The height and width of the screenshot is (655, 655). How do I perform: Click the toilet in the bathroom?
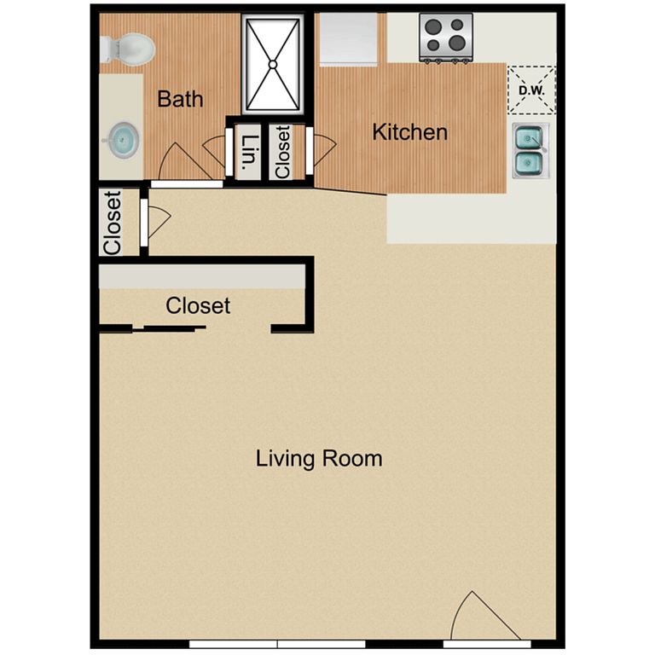click(128, 49)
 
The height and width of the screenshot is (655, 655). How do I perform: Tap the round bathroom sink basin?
click(122, 140)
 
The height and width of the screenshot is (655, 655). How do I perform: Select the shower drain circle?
click(273, 64)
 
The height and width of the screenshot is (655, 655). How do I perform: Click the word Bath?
click(181, 99)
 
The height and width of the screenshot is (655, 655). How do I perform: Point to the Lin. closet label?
click(249, 151)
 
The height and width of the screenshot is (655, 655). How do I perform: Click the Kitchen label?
click(409, 132)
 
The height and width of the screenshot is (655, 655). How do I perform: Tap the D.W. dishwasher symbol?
click(532, 90)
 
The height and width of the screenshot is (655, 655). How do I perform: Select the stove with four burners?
click(446, 38)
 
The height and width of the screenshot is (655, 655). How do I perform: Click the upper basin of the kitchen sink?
click(529, 138)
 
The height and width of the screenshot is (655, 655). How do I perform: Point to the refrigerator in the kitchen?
click(348, 39)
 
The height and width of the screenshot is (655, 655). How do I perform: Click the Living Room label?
click(319, 459)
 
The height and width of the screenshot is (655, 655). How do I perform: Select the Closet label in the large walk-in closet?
click(198, 306)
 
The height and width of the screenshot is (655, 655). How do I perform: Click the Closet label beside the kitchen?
click(283, 152)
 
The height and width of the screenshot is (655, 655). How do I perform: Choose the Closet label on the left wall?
click(113, 223)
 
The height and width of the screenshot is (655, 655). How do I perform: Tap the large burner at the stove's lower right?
click(457, 42)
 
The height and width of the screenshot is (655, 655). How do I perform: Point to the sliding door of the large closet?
click(169, 328)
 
